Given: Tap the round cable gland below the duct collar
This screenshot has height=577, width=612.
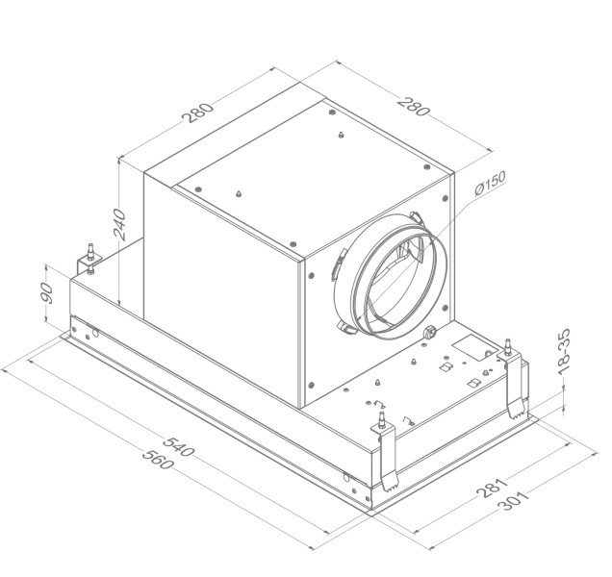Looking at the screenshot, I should click(x=428, y=334).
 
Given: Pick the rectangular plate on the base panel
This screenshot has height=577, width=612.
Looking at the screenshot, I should click(x=472, y=346).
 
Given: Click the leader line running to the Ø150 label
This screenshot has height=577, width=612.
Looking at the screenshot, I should click(x=457, y=207).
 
